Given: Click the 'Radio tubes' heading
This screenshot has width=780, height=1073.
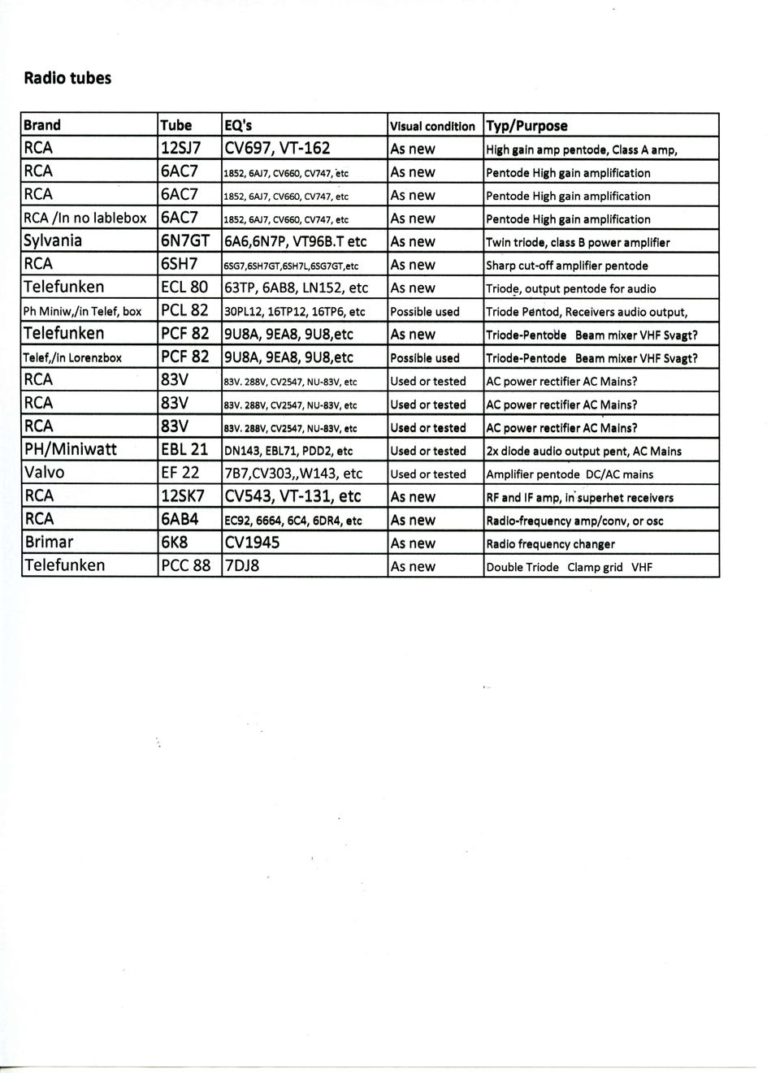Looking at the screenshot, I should (x=67, y=79).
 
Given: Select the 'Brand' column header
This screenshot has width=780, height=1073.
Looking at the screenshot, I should (x=42, y=125).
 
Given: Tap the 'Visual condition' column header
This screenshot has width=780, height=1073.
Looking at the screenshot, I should (x=432, y=126).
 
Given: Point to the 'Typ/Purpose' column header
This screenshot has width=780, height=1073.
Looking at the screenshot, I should (x=526, y=126).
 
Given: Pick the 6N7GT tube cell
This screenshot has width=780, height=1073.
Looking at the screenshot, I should (x=185, y=241).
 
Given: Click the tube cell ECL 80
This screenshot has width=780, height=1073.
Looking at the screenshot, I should (x=184, y=288).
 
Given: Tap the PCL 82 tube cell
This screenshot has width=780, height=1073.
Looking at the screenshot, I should (x=184, y=310).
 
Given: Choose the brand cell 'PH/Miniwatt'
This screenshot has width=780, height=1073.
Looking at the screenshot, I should (x=70, y=450).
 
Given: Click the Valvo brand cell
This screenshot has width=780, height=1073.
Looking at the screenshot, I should (x=45, y=473).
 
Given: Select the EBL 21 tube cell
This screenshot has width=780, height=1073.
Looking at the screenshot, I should (x=184, y=450).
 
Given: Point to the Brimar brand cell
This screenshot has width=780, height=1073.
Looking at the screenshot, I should (x=49, y=543).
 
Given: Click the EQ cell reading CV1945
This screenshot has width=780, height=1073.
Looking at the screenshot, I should (x=252, y=543).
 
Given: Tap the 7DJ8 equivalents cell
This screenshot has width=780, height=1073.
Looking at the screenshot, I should (x=242, y=565).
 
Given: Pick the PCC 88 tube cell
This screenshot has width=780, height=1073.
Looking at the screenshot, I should (x=186, y=565).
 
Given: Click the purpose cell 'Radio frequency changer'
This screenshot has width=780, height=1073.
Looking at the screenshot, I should (x=550, y=544).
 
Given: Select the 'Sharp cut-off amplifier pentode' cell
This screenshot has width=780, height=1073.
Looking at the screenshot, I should (x=567, y=266).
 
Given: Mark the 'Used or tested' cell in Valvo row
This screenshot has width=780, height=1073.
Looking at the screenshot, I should (x=428, y=474).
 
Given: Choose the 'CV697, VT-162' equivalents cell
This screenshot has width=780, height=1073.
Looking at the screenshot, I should (x=277, y=148).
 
